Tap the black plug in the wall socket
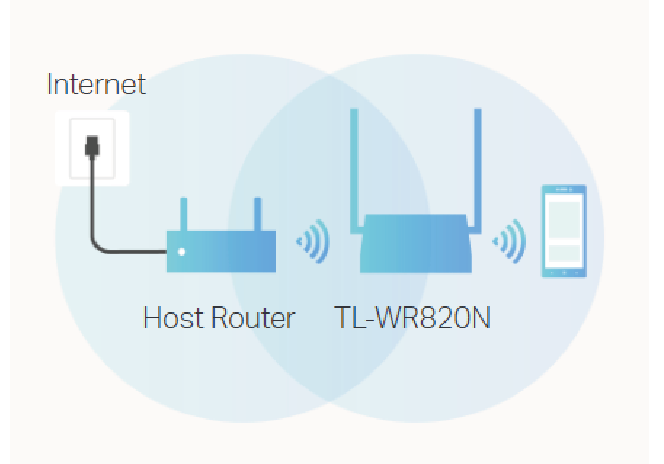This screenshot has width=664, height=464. tap(92, 147)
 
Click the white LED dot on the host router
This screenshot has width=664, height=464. tap(182, 252)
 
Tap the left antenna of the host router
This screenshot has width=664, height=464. tap(184, 214)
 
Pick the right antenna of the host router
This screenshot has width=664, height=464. tap(258, 214)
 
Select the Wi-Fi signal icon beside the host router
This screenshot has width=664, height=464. tap(314, 241)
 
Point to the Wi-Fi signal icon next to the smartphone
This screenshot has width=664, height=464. tap(510, 241)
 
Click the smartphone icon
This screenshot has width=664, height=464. tap(564, 231)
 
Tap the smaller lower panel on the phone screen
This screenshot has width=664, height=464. tap(564, 253)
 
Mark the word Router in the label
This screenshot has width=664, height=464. tap(253, 318)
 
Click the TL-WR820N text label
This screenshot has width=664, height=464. tap(412, 318)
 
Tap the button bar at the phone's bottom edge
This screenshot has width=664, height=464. tap(564, 272)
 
